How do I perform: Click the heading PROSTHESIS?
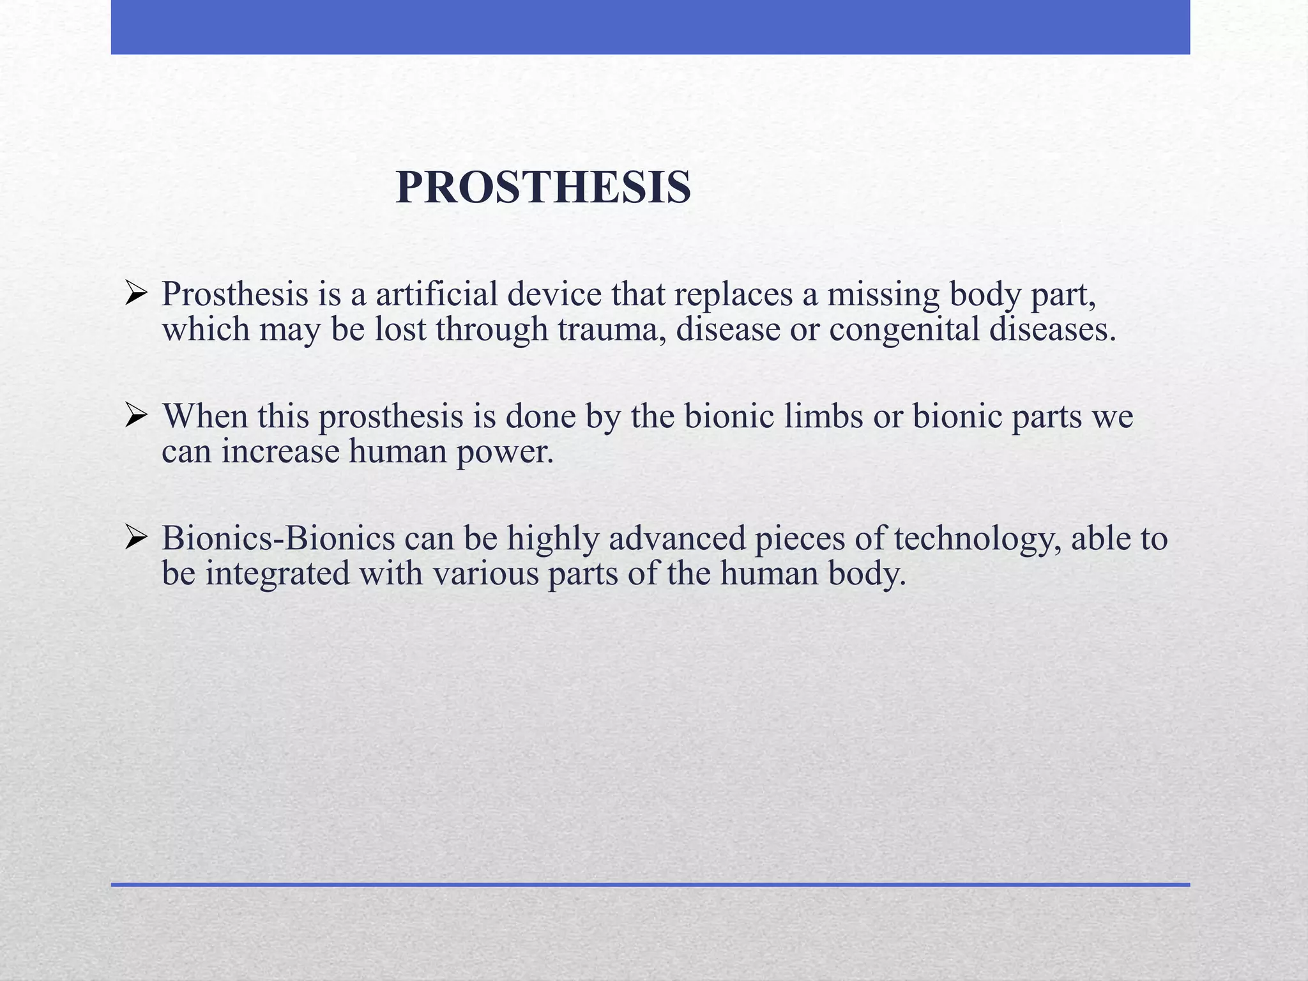tap(543, 188)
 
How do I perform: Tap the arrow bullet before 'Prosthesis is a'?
tap(137, 294)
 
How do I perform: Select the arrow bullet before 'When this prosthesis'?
tap(137, 416)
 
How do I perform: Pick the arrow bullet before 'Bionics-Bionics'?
tap(137, 538)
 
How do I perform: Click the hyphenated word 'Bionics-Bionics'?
tap(278, 538)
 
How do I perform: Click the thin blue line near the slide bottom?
tap(650, 885)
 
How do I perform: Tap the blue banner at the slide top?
tap(650, 27)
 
